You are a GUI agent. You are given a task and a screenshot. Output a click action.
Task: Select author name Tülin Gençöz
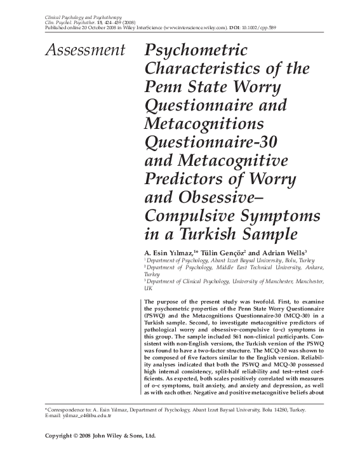coord(220,251)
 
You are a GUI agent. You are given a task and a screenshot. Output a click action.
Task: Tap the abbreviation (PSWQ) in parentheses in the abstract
coord(156,315)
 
